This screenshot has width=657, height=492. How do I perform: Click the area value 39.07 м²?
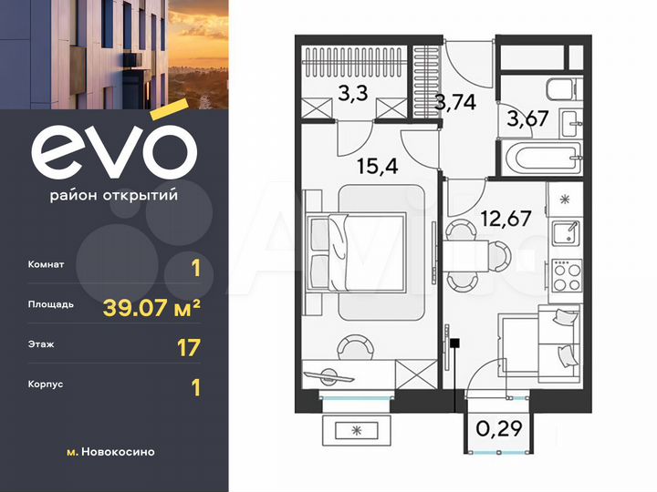151,306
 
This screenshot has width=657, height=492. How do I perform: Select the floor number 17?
187,346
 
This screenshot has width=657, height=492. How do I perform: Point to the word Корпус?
47,386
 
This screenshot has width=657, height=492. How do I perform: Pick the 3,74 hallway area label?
454,102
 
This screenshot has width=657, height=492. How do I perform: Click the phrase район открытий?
113,194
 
